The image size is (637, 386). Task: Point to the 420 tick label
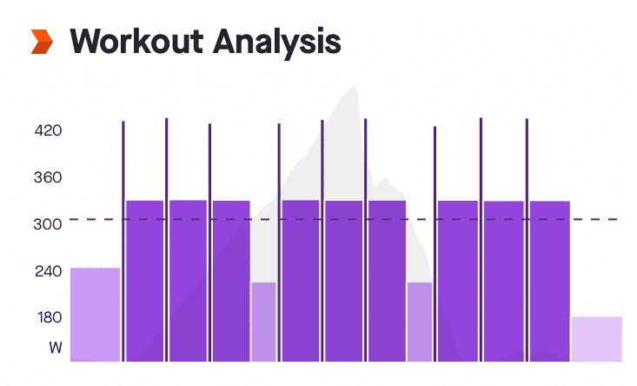pos(47,131)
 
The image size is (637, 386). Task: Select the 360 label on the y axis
pos(47,178)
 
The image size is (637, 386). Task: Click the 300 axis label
pos(47,224)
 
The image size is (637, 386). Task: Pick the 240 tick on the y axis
pos(47,271)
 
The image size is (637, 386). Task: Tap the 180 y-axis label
pos(47,317)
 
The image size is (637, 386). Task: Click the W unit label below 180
pos(55,348)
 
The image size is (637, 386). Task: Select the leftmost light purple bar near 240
pos(95,314)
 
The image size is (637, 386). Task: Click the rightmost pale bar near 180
pos(596,339)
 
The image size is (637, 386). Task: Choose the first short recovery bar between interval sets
pos(263,322)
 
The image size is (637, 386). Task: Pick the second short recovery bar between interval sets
pos(419,322)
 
